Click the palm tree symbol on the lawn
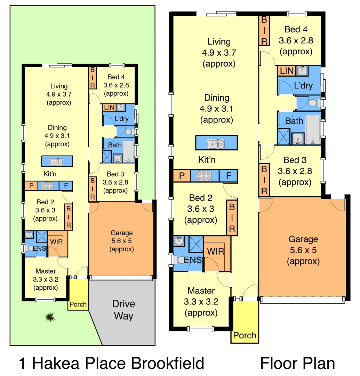click(x=50, y=316)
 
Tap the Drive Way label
click(x=123, y=310)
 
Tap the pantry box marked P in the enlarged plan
click(x=182, y=175)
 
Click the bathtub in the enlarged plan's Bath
click(x=312, y=129)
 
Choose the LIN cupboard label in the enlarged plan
click(x=287, y=71)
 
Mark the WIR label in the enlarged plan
click(x=216, y=251)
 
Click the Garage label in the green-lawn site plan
click(x=121, y=233)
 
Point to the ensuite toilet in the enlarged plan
click(x=179, y=260)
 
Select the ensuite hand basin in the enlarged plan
click(x=179, y=241)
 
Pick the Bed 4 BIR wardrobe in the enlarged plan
click(x=264, y=31)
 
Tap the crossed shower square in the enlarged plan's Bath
click(x=284, y=136)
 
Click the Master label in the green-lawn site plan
click(x=46, y=271)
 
